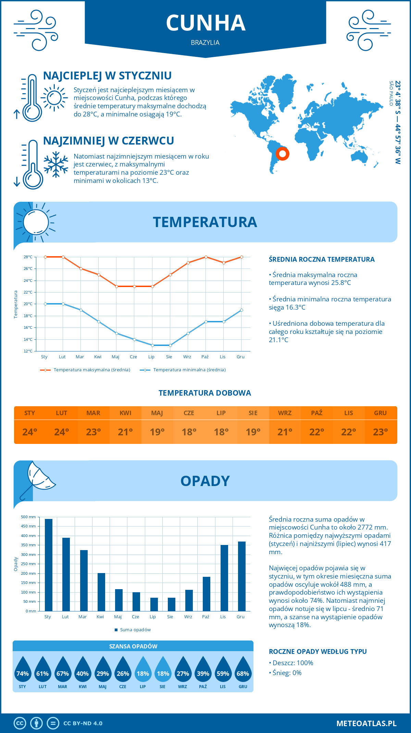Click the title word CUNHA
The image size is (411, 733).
pyautogui.click(x=206, y=23)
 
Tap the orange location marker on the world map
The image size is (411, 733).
pyautogui.click(x=283, y=153)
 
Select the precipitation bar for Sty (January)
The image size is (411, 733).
pyautogui.click(x=49, y=565)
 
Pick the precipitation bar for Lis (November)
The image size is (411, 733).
pyautogui.click(x=224, y=578)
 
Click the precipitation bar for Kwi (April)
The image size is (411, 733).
pyautogui.click(x=101, y=592)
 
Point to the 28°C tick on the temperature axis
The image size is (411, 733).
pyautogui.click(x=28, y=257)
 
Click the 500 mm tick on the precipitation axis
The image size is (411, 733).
pyautogui.click(x=28, y=517)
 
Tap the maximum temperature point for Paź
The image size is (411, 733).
pyautogui.click(x=206, y=257)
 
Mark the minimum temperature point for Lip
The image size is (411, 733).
pyautogui.click(x=152, y=345)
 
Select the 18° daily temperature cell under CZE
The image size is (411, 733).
pyautogui.click(x=189, y=432)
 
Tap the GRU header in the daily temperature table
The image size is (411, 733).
pyautogui.click(x=380, y=413)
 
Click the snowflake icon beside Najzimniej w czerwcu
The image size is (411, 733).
pyautogui.click(x=56, y=164)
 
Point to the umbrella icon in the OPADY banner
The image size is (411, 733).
pyautogui.click(x=38, y=478)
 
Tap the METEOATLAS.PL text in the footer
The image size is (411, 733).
pyautogui.click(x=366, y=723)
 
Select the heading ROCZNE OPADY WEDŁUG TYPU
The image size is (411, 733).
pyautogui.click(x=317, y=651)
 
